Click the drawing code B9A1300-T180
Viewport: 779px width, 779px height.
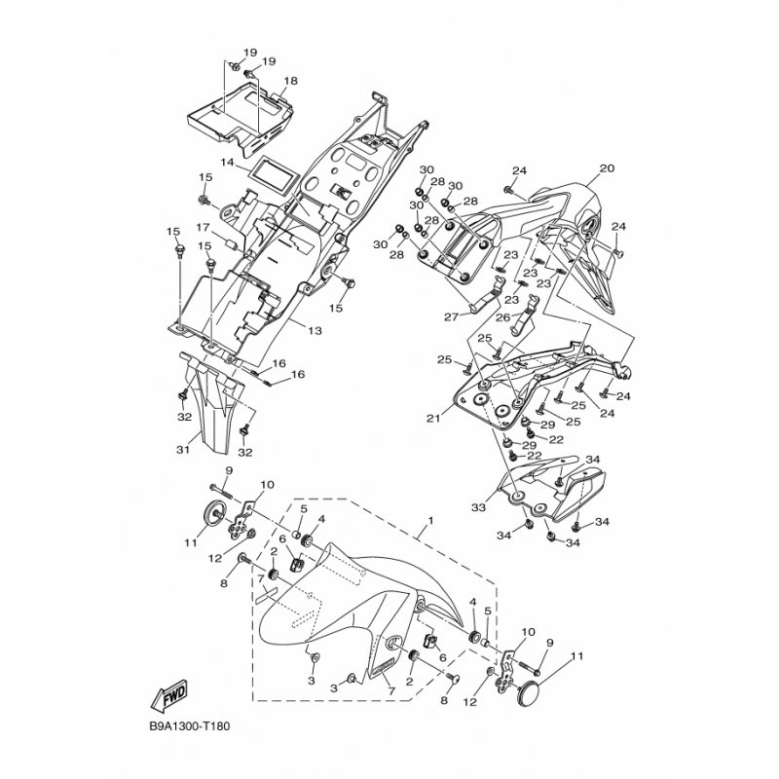click(189, 726)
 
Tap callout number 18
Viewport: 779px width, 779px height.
click(290, 81)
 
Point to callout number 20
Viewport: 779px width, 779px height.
click(607, 168)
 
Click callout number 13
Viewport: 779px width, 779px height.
click(315, 330)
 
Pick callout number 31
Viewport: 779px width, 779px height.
click(183, 450)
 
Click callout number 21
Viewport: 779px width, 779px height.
click(433, 419)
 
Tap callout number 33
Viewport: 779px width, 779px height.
click(479, 507)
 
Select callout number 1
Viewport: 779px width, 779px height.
click(430, 521)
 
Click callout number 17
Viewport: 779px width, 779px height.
click(203, 228)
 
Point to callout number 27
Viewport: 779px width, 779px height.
click(451, 317)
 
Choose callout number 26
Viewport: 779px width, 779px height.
click(503, 316)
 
